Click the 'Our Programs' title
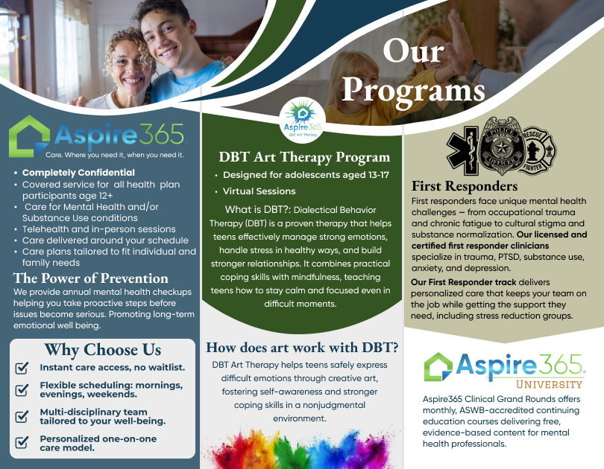(x=413, y=71)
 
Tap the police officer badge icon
(x=502, y=147)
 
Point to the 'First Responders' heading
(x=465, y=186)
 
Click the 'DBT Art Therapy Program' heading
(x=304, y=157)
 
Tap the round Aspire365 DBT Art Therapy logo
(x=303, y=120)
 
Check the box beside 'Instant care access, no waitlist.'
(x=22, y=368)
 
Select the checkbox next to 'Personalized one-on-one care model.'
(x=22, y=442)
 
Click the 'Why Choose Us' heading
(x=103, y=350)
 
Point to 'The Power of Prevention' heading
(x=91, y=278)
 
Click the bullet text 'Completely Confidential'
(x=78, y=173)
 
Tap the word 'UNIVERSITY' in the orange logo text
(x=550, y=384)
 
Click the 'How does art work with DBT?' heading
(x=303, y=348)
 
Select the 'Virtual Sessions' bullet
(x=259, y=191)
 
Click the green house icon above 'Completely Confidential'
(x=29, y=136)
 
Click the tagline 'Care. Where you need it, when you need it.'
(x=115, y=155)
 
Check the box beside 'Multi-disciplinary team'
(x=22, y=416)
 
